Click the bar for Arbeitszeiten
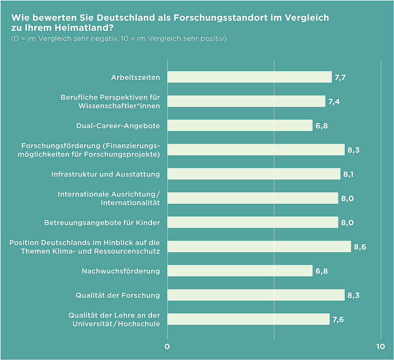click(249, 77)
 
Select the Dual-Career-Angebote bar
click(240, 125)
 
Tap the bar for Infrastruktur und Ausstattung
click(254, 174)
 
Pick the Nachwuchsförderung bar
click(240, 271)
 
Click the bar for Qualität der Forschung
click(256, 295)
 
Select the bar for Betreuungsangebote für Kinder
click(253, 222)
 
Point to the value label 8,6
click(360, 247)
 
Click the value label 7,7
click(340, 77)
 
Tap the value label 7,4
click(334, 102)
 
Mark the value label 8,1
click(349, 174)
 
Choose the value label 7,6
click(338, 320)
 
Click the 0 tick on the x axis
click(167, 347)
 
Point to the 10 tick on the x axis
click(380, 347)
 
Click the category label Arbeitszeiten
click(135, 77)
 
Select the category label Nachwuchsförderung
click(121, 271)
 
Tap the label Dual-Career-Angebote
click(118, 126)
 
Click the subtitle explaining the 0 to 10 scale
click(119, 39)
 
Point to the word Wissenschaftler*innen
click(119, 106)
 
